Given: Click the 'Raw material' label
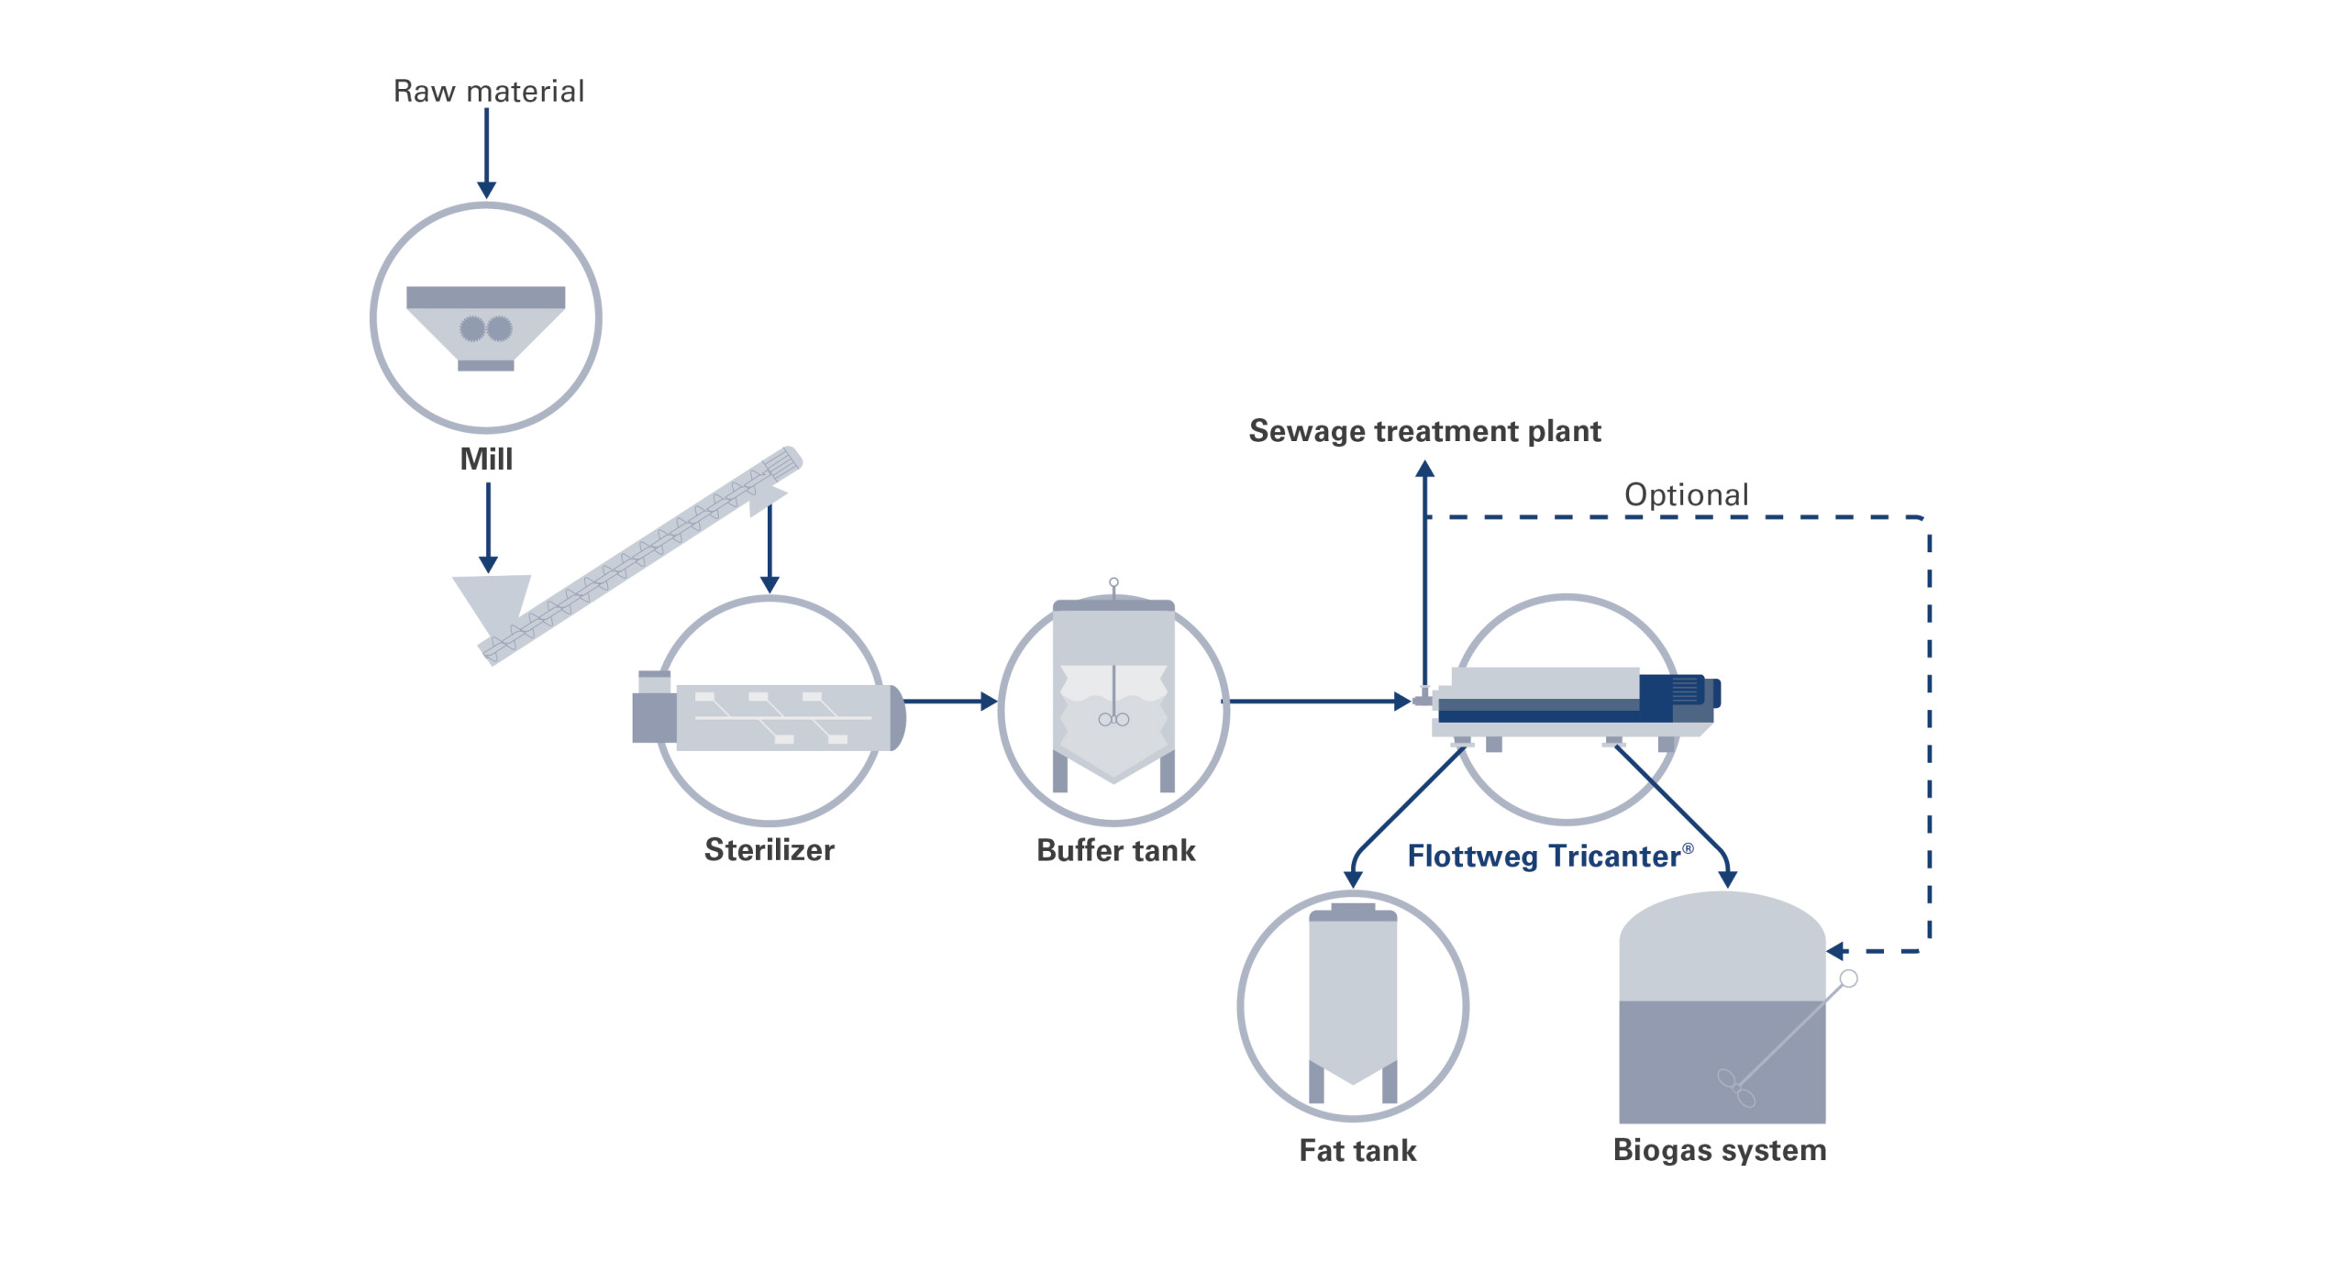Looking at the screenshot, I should (488, 92).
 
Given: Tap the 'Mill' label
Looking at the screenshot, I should (486, 459).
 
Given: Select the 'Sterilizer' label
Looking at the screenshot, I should (769, 850).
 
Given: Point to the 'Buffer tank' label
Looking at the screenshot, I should (1115, 851).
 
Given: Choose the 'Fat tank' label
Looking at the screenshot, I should (1357, 1150).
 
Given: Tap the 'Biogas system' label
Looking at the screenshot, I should (1720, 1150).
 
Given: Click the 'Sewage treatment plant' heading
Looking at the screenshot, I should (1424, 431).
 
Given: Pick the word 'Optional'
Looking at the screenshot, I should (1686, 495).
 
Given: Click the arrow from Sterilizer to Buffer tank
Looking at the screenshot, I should (950, 702).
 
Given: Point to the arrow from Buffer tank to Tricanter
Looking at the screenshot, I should (1316, 702).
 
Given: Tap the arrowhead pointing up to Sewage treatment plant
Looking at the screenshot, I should (1424, 470).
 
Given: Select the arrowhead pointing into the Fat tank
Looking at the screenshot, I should (1353, 879).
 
